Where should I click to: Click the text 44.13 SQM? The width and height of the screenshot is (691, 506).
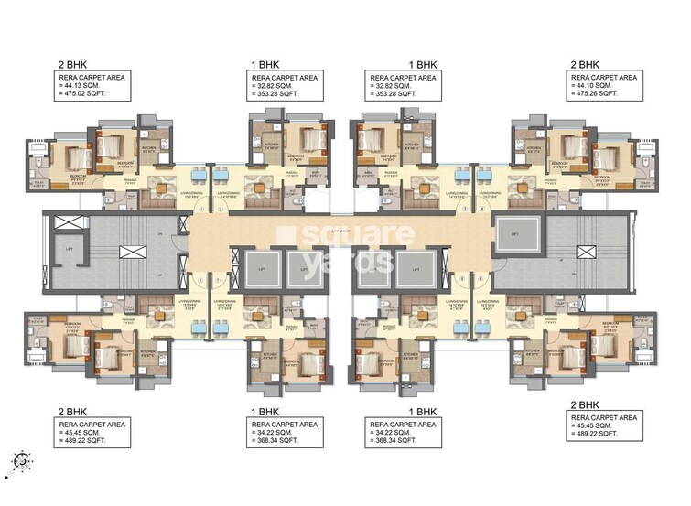85,87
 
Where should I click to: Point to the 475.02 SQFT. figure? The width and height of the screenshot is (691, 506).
87,94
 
